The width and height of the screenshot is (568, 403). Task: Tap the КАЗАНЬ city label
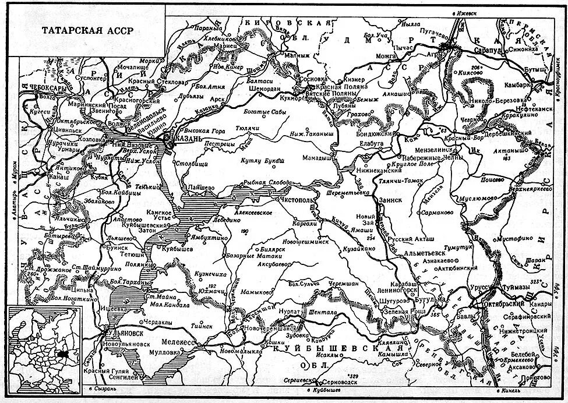point(185,142)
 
